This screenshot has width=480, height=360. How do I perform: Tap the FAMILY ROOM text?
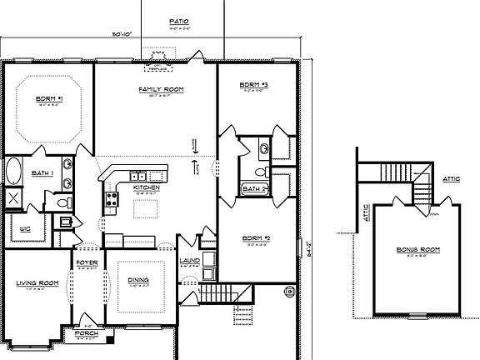(161, 88)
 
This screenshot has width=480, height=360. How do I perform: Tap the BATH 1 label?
(43, 173)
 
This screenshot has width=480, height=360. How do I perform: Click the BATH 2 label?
(252, 189)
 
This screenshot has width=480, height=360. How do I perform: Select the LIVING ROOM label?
(37, 283)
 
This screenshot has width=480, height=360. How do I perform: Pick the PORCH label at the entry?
(86, 333)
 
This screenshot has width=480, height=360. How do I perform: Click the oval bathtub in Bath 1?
(14, 172)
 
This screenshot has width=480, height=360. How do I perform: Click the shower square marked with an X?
(15, 198)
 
